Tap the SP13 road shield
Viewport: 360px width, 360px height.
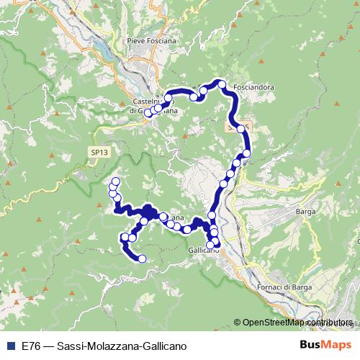99,152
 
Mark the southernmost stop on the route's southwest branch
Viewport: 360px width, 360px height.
142,258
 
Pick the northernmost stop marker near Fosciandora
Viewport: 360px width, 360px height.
222,84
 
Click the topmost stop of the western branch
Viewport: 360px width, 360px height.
115,181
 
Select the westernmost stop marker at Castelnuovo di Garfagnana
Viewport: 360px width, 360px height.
148,113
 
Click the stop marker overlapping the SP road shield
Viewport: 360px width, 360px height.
241,127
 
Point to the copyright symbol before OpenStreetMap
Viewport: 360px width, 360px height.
238,323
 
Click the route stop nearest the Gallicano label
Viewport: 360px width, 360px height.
210,244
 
